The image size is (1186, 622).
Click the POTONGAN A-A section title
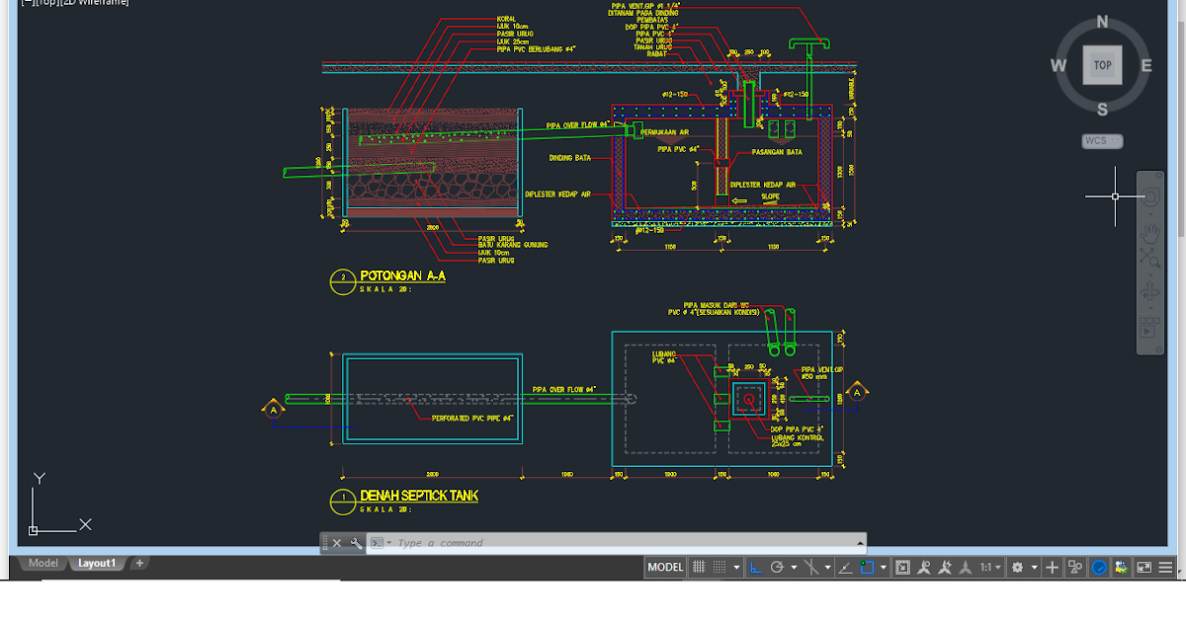click(402, 275)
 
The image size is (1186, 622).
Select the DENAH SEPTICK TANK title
click(419, 496)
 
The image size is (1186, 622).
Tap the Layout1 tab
click(97, 564)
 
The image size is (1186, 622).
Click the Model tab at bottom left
click(42, 564)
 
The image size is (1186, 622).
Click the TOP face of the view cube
click(1102, 65)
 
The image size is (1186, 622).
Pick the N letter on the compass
click(1102, 22)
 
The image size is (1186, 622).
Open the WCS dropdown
click(1101, 141)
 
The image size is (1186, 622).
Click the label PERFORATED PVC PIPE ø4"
click(473, 419)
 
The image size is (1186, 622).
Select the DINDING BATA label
click(569, 158)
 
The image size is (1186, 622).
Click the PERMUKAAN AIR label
click(664, 131)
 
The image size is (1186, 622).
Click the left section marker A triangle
click(272, 408)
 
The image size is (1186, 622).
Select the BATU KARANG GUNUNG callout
click(512, 245)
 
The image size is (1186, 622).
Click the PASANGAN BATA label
click(777, 152)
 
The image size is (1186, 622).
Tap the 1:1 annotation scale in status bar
click(985, 568)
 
